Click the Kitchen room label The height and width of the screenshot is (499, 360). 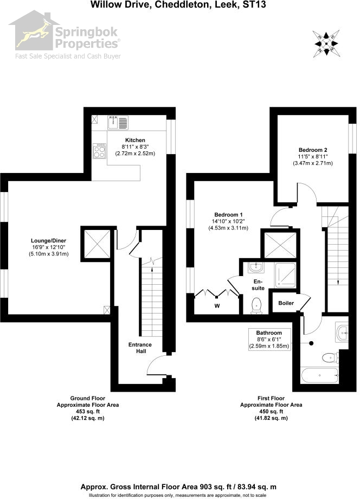(135, 140)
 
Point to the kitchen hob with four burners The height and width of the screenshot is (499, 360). (99, 151)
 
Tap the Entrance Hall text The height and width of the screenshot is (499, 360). (140, 348)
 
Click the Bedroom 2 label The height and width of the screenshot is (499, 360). (313, 149)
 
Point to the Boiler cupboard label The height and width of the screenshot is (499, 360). (286, 304)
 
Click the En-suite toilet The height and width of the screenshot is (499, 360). (257, 305)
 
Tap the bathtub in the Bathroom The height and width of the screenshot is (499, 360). (319, 374)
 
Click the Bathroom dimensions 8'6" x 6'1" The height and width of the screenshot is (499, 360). (269, 340)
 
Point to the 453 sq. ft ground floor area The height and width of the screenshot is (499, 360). (88, 412)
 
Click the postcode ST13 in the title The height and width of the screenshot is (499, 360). (259, 4)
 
